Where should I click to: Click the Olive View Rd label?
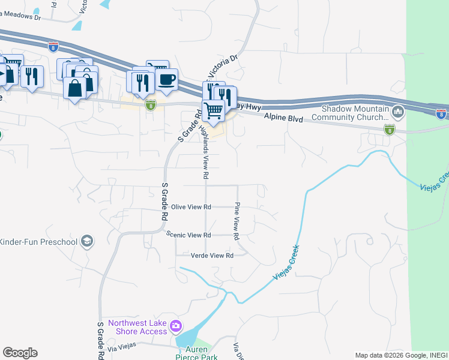(x=191, y=207)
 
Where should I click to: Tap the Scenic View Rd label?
(x=189, y=235)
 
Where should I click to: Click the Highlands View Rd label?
(x=205, y=153)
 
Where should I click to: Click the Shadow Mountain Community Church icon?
(x=397, y=112)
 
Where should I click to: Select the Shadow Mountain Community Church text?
(x=355, y=113)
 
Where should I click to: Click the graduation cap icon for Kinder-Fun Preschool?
(x=87, y=241)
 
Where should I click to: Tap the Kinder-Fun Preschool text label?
(x=39, y=242)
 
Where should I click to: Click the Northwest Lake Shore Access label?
(x=137, y=327)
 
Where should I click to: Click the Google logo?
(x=20, y=353)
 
